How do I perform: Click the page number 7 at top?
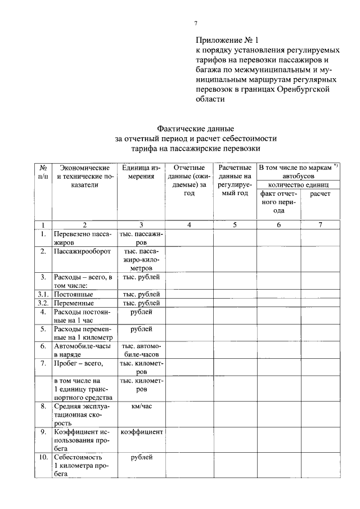pos(196,23)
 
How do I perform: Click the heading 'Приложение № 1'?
pos(227,40)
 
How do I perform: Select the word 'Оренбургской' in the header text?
pos(304,89)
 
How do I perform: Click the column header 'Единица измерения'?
pos(141,172)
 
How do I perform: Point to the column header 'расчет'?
pos(320,193)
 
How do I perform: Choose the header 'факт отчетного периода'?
pos(278,202)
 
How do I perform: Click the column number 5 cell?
pos(235,224)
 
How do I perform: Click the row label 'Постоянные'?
pos(74,294)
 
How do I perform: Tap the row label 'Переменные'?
pos(74,303)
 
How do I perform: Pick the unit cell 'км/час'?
pos(141,406)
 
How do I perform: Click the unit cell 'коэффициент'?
pos(141,431)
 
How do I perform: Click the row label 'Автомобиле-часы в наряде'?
pos(82,350)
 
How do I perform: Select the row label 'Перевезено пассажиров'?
pos(82,237)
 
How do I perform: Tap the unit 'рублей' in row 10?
pos(141,457)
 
